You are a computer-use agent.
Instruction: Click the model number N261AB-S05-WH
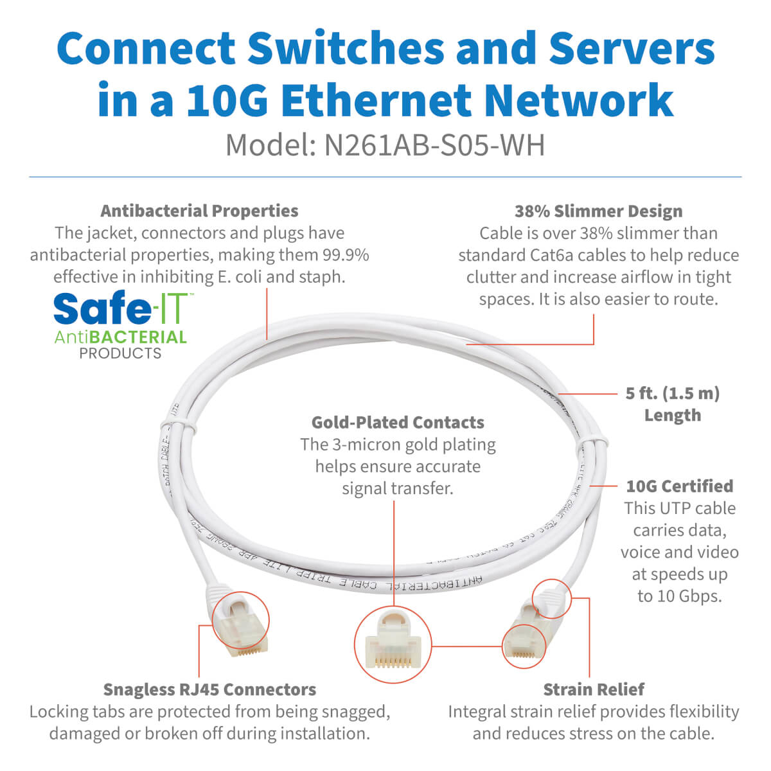[x=434, y=145]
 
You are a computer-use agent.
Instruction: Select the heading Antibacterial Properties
[x=199, y=211]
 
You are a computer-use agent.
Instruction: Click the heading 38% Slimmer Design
[x=598, y=211]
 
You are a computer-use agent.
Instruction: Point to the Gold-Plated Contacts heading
[x=398, y=422]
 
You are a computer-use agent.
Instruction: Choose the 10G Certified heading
[x=679, y=486]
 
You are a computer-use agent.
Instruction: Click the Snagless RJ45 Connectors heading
[x=209, y=689]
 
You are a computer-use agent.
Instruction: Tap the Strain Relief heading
[x=594, y=689]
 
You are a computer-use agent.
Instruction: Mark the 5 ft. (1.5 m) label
[x=672, y=393]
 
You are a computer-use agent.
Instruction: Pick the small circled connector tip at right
[x=523, y=641]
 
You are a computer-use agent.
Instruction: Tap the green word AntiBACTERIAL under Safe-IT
[x=120, y=337]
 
